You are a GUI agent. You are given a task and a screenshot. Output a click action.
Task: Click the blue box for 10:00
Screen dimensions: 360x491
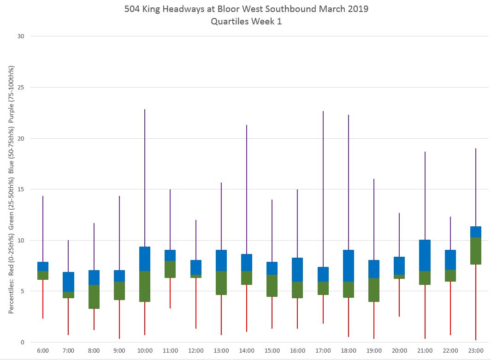(145, 259)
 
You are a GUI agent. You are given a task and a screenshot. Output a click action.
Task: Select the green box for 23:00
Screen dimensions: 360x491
(475, 251)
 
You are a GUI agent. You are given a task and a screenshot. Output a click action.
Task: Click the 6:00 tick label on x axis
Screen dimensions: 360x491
(43, 351)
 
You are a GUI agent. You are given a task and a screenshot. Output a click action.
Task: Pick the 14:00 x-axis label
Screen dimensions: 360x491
(247, 351)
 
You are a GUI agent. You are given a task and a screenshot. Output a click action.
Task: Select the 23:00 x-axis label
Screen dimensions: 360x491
(475, 351)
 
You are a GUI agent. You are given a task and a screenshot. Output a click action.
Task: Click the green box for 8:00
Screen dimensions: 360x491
(94, 296)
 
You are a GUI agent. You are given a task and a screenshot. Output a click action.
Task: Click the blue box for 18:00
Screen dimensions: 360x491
(349, 266)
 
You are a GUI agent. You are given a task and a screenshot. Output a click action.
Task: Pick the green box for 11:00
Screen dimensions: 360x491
(170, 269)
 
